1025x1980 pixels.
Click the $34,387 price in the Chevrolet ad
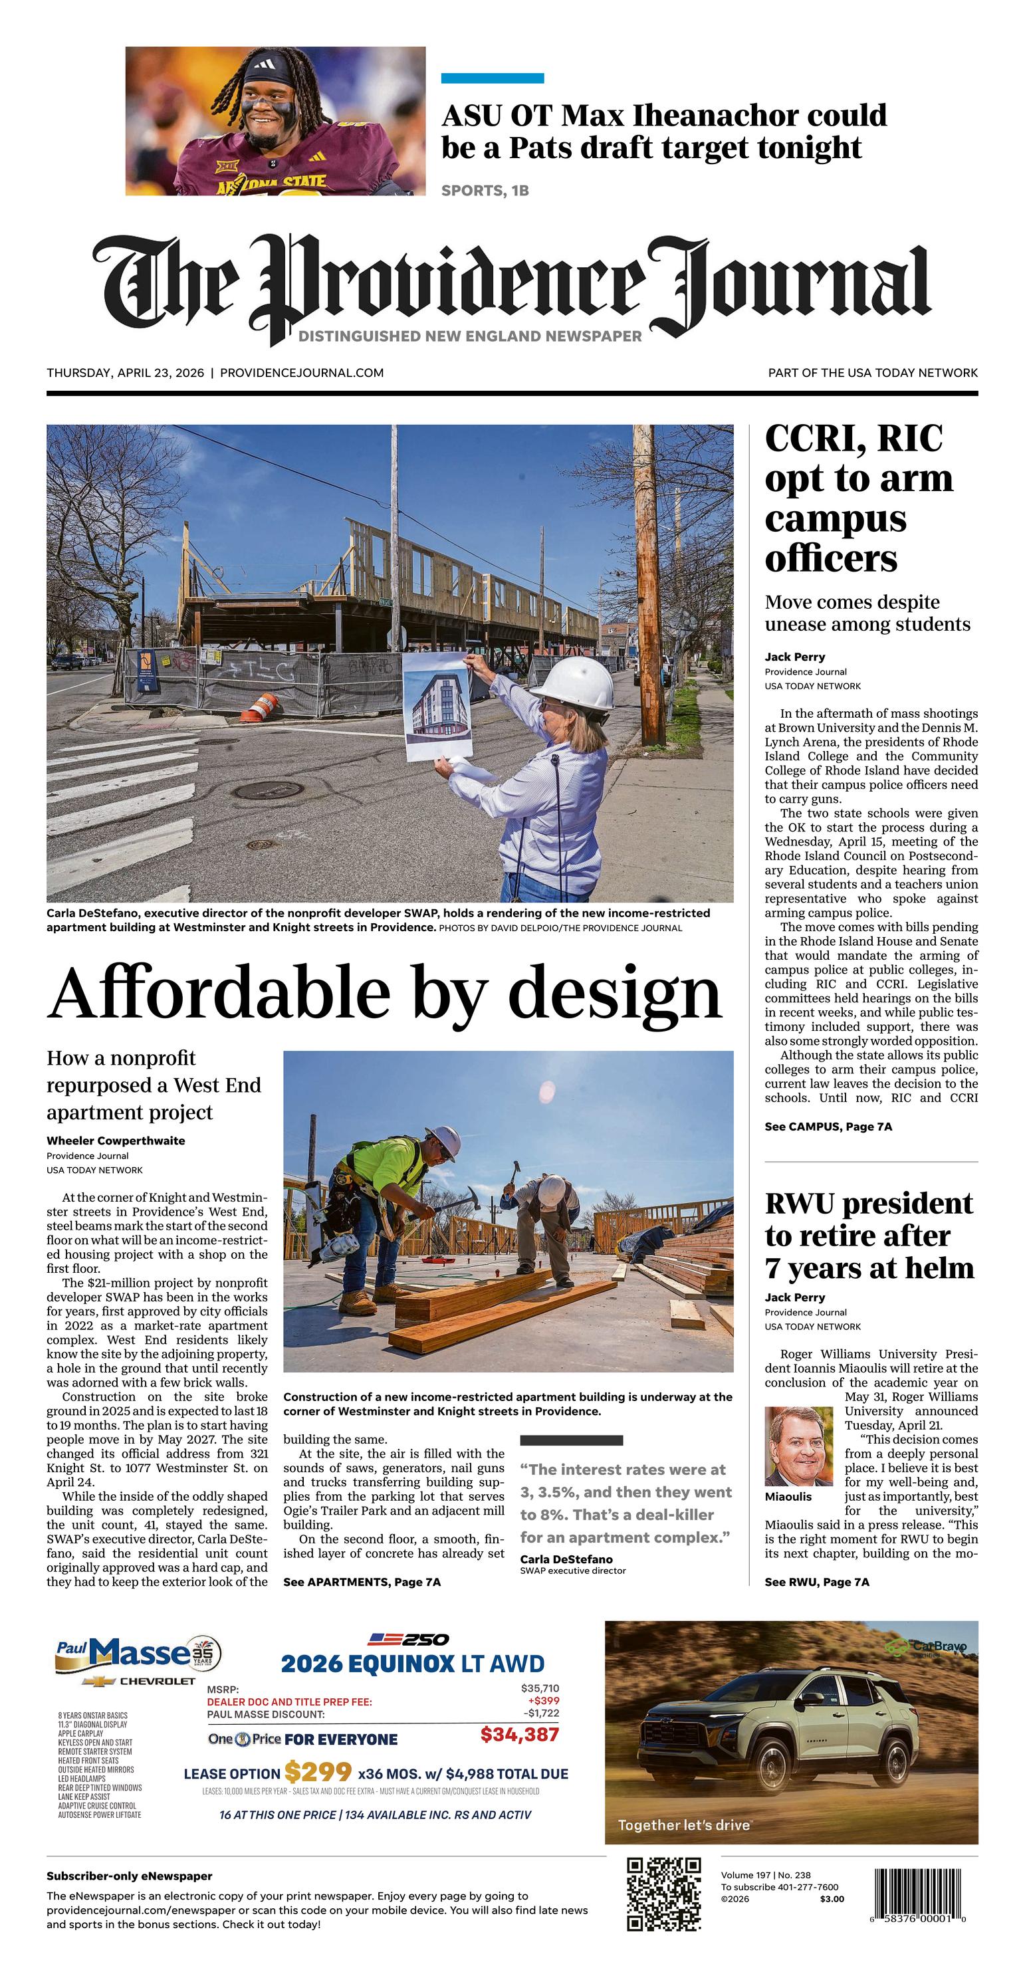coord(519,1734)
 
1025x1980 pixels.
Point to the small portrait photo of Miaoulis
coord(798,1446)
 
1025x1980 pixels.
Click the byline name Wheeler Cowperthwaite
coord(116,1140)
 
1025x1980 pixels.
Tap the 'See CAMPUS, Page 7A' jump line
coord(828,1126)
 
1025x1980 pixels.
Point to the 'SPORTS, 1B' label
coord(485,191)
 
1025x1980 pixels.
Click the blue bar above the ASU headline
coord(492,78)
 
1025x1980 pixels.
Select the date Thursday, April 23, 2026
coord(126,373)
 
